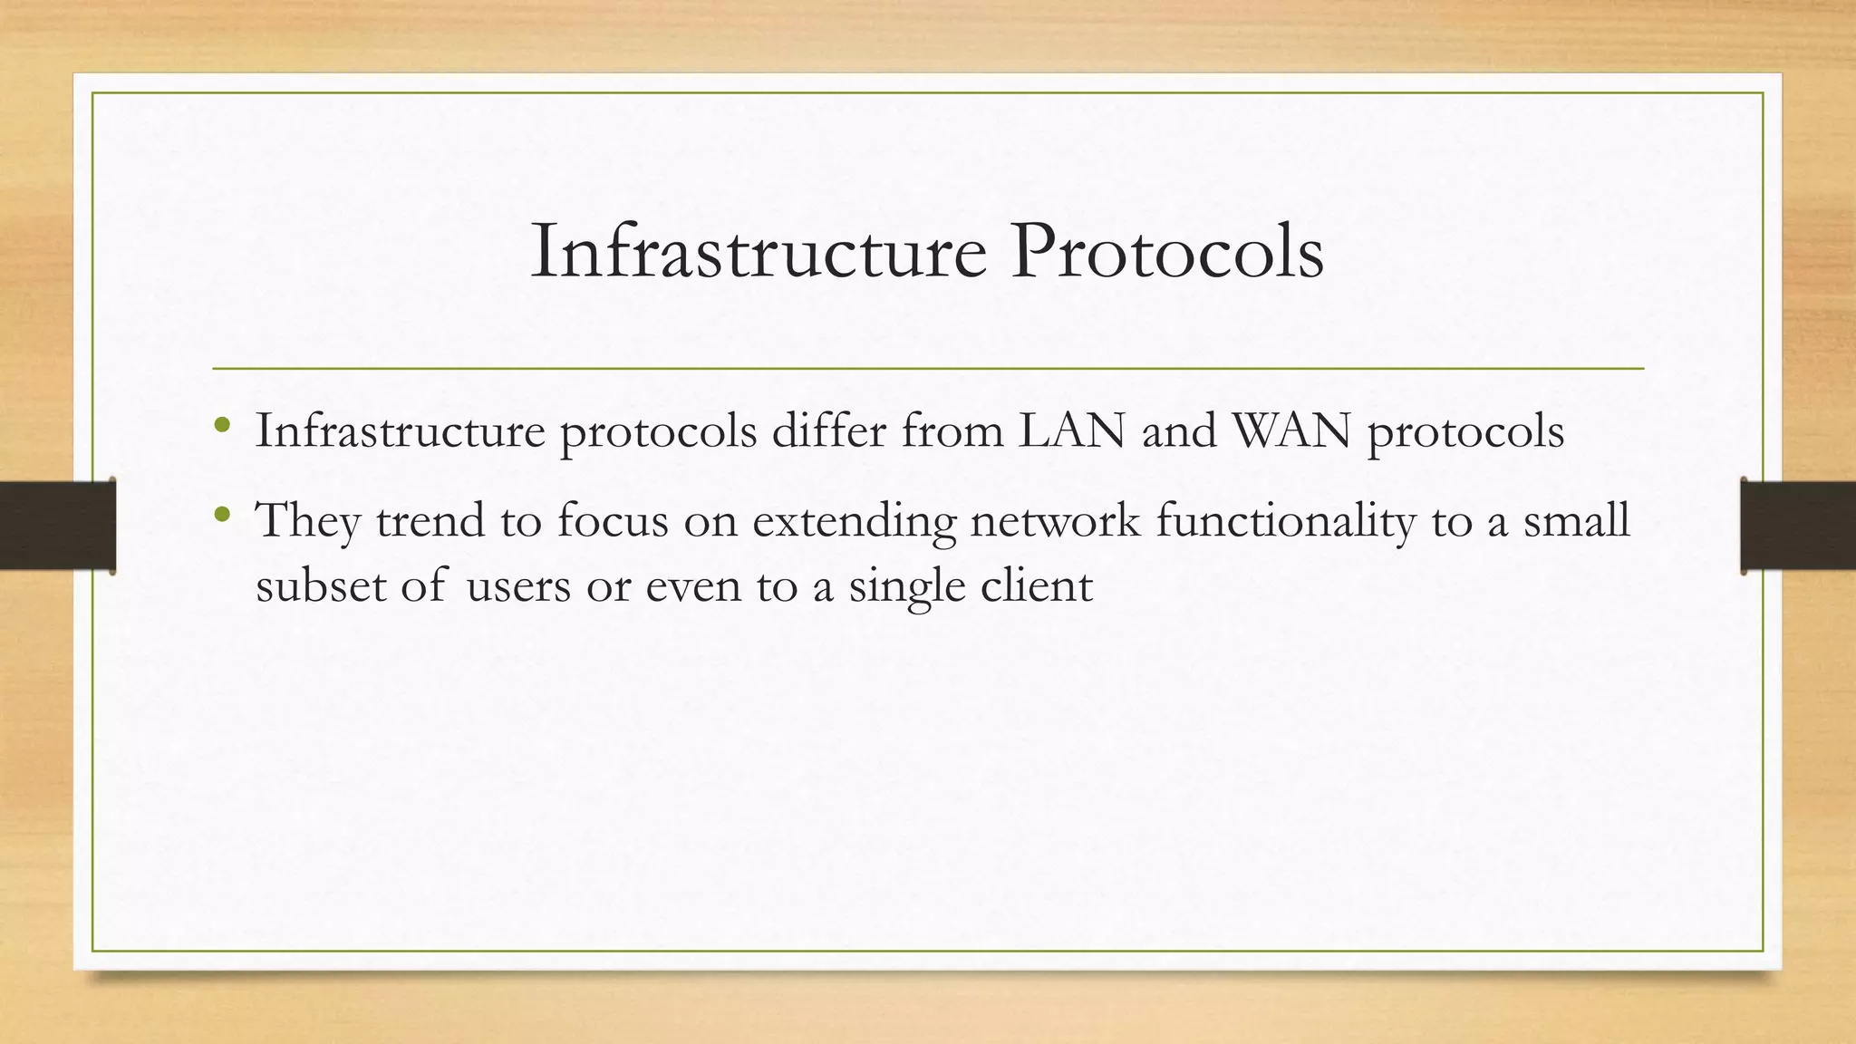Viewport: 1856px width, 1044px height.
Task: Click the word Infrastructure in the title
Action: tap(758, 251)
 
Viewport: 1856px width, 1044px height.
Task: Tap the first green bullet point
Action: tap(223, 424)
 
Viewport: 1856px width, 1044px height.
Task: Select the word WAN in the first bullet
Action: tap(1291, 430)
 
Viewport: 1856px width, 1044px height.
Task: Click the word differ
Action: tap(828, 430)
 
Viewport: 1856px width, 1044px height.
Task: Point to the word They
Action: tap(308, 521)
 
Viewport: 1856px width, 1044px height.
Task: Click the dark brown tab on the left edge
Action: tap(57, 526)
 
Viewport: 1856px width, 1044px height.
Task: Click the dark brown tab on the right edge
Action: tap(1798, 526)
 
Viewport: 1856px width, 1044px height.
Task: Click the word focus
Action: tap(612, 521)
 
